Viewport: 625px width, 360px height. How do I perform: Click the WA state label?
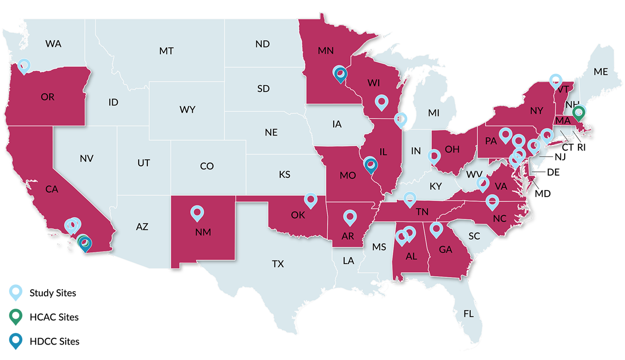(x=53, y=44)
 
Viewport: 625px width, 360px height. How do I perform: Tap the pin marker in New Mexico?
(x=197, y=213)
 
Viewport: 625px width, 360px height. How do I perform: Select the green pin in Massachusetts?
(x=579, y=112)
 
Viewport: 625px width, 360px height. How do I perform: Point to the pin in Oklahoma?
(x=311, y=200)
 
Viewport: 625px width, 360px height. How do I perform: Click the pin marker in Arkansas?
(x=350, y=217)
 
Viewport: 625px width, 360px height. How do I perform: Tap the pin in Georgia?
(x=436, y=229)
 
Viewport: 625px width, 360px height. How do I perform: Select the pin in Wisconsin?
(x=381, y=101)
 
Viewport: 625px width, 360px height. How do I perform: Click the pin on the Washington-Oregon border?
(x=24, y=66)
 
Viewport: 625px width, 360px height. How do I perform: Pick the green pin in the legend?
(x=16, y=316)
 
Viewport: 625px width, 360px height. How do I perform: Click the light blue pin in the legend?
(x=16, y=292)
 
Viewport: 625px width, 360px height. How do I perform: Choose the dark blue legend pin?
(x=16, y=340)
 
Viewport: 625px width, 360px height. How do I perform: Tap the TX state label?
(x=278, y=264)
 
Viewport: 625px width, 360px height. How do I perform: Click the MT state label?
(x=166, y=51)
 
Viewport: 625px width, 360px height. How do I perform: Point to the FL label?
(x=468, y=314)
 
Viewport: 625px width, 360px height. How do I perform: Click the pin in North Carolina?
(x=492, y=201)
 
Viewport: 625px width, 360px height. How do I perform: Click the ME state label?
(x=601, y=71)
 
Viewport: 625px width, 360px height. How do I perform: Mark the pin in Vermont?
(x=555, y=80)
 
